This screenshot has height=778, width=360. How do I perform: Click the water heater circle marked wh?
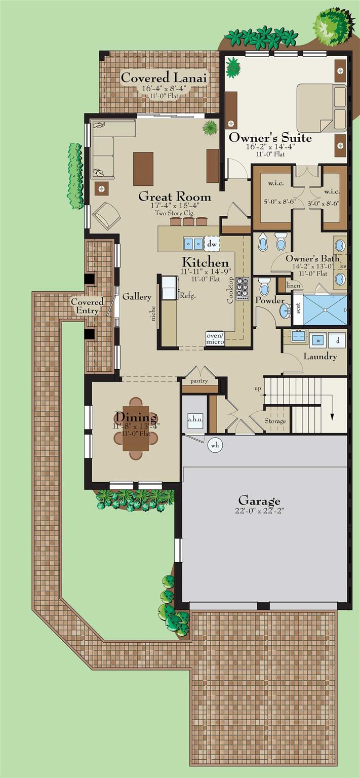tap(215, 445)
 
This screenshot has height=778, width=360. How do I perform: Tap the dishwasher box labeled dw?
tap(212, 244)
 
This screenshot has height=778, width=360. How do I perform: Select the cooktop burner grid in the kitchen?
tap(243, 288)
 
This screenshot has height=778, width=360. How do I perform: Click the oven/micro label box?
tap(215, 339)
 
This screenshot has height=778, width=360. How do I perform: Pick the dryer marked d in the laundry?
tap(337, 340)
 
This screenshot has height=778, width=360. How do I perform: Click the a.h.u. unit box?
tap(195, 419)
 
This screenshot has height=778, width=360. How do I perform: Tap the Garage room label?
tap(259, 501)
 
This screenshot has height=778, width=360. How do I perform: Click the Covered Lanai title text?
tap(164, 77)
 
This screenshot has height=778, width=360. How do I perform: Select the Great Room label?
tap(175, 197)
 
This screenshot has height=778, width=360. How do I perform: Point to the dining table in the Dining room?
tap(136, 428)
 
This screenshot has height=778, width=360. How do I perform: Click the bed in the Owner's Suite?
tap(322, 107)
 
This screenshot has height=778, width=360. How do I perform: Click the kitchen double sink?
tap(193, 244)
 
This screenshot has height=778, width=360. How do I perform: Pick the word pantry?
tap(199, 381)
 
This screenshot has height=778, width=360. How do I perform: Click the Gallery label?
tap(137, 297)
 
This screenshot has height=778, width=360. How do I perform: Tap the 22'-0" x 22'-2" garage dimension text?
tap(259, 511)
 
